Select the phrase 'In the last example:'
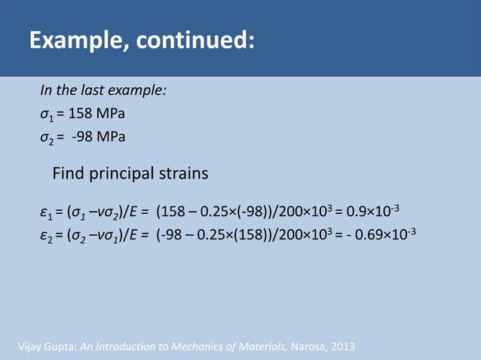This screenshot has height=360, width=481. (103, 90)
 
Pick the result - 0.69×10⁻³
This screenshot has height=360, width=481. (381, 233)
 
